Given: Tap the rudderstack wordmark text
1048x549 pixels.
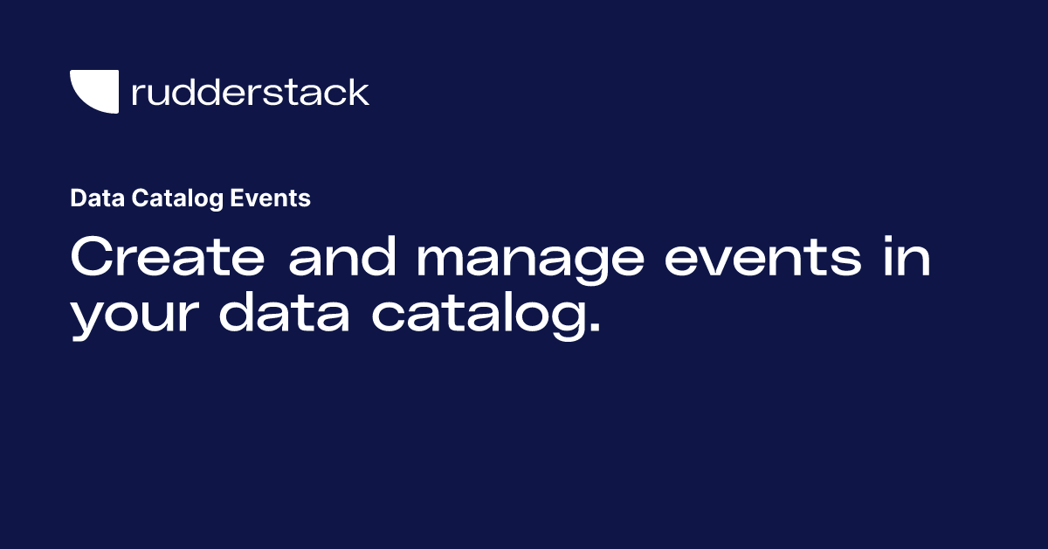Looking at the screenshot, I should (250, 92).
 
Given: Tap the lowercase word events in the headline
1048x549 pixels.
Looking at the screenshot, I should (757, 259).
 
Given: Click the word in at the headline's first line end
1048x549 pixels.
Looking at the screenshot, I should (907, 259).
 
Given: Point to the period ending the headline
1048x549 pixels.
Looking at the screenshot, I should (593, 330).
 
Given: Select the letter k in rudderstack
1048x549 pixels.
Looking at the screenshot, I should (358, 92).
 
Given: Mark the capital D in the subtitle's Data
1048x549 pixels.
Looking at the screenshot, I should (78, 198).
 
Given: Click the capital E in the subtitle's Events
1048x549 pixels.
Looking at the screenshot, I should (237, 198).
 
